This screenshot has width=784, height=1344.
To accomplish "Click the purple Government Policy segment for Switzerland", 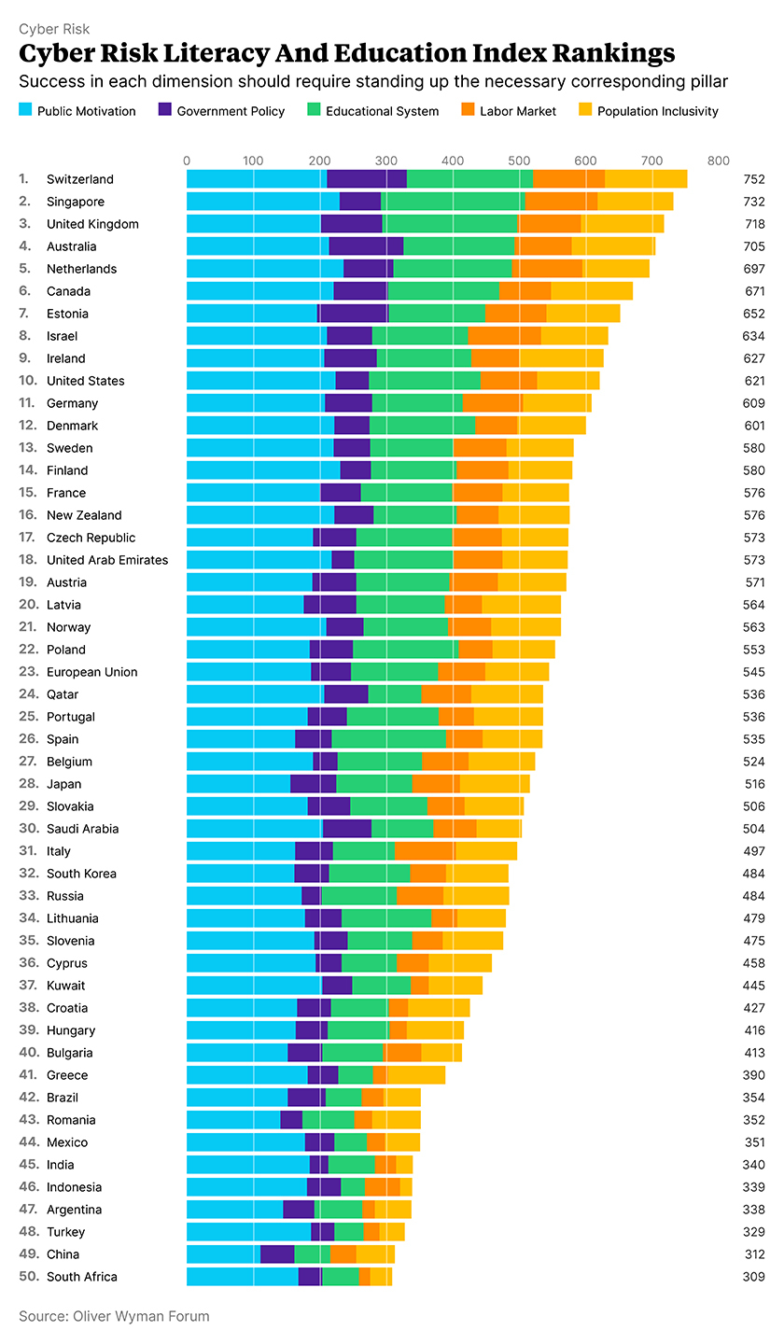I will point(367,179).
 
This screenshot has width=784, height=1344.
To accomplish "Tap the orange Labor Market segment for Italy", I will point(426,851).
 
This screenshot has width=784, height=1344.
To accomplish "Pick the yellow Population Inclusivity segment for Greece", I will point(415,1075).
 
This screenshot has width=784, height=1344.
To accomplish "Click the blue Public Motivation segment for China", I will point(223,1254).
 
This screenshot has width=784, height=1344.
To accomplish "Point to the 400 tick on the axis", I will point(453,161).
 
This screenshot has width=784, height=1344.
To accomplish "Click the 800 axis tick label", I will point(719,161).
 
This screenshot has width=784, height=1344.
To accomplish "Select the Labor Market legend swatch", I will point(468,111).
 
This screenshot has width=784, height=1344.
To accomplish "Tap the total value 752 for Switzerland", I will point(754,179).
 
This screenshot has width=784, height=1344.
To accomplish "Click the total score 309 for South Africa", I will point(754,1277).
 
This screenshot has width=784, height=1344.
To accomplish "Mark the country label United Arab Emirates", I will point(107,560).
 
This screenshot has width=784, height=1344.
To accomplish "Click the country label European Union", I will point(91,672).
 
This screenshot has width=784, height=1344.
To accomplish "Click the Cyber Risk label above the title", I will point(54,29).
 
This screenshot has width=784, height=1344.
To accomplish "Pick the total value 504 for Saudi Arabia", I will point(754,829).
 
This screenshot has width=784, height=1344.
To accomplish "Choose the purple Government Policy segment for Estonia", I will point(353,314).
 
